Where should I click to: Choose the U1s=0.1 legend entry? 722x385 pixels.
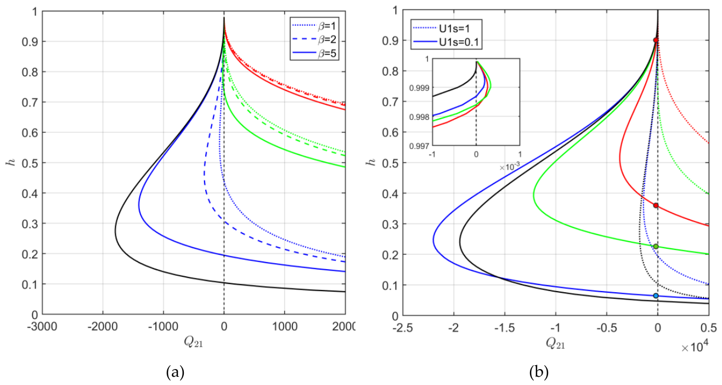(x=447, y=42)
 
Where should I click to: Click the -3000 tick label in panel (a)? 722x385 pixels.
(x=42, y=327)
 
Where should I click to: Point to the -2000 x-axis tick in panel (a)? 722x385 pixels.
(x=103, y=327)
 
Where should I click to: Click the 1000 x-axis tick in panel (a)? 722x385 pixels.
(x=285, y=327)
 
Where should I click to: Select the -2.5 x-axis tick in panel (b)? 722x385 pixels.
(x=403, y=328)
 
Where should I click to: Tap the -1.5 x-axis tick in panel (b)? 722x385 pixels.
(x=505, y=328)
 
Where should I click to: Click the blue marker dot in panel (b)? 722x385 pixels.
(x=656, y=295)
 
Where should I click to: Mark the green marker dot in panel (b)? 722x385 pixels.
(x=656, y=247)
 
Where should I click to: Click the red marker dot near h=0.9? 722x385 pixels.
(x=656, y=40)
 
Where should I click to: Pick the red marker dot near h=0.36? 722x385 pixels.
(x=656, y=205)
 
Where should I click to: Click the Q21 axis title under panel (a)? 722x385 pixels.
(x=193, y=342)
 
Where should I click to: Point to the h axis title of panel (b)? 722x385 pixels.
(x=372, y=161)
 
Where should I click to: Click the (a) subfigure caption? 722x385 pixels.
(x=176, y=372)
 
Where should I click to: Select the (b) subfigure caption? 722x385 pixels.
(x=539, y=372)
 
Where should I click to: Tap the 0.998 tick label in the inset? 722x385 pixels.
(x=419, y=117)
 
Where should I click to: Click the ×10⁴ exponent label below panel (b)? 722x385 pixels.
(x=695, y=347)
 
